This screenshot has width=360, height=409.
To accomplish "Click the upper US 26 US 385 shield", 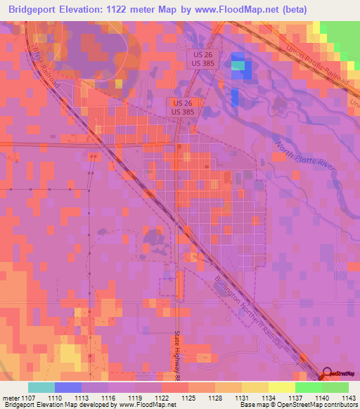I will click(x=199, y=58).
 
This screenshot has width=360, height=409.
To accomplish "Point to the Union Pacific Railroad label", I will click(x=317, y=66).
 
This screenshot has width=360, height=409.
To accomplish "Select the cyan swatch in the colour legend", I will click(x=41, y=388).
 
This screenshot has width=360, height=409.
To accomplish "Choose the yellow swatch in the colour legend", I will click(x=281, y=388).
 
